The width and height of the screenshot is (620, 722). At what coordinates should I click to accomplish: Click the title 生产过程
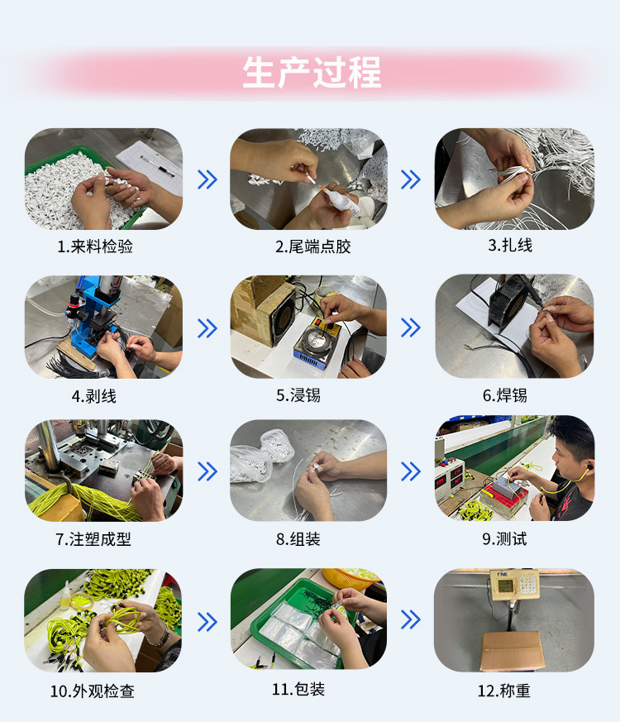coord(312,73)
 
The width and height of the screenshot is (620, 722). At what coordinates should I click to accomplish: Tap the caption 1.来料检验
coord(95,246)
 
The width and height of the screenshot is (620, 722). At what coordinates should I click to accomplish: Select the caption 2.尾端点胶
coord(313,246)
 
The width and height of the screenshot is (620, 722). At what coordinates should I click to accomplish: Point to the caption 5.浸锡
coord(298,395)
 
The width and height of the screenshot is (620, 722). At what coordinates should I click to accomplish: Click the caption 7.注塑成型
coord(93,538)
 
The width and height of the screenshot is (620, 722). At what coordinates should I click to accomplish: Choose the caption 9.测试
coord(504,538)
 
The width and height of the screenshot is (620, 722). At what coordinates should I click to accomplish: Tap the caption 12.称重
coord(504,691)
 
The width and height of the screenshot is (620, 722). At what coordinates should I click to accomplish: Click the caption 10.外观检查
coord(92,691)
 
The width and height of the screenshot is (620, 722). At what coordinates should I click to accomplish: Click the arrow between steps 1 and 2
coord(207,179)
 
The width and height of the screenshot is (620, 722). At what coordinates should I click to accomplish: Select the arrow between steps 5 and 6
coord(411,328)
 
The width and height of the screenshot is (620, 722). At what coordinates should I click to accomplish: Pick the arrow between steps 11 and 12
coord(411,619)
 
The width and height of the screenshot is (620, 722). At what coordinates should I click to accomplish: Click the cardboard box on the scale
coord(513,650)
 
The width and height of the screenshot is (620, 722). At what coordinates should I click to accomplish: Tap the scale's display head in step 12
coord(514,585)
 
